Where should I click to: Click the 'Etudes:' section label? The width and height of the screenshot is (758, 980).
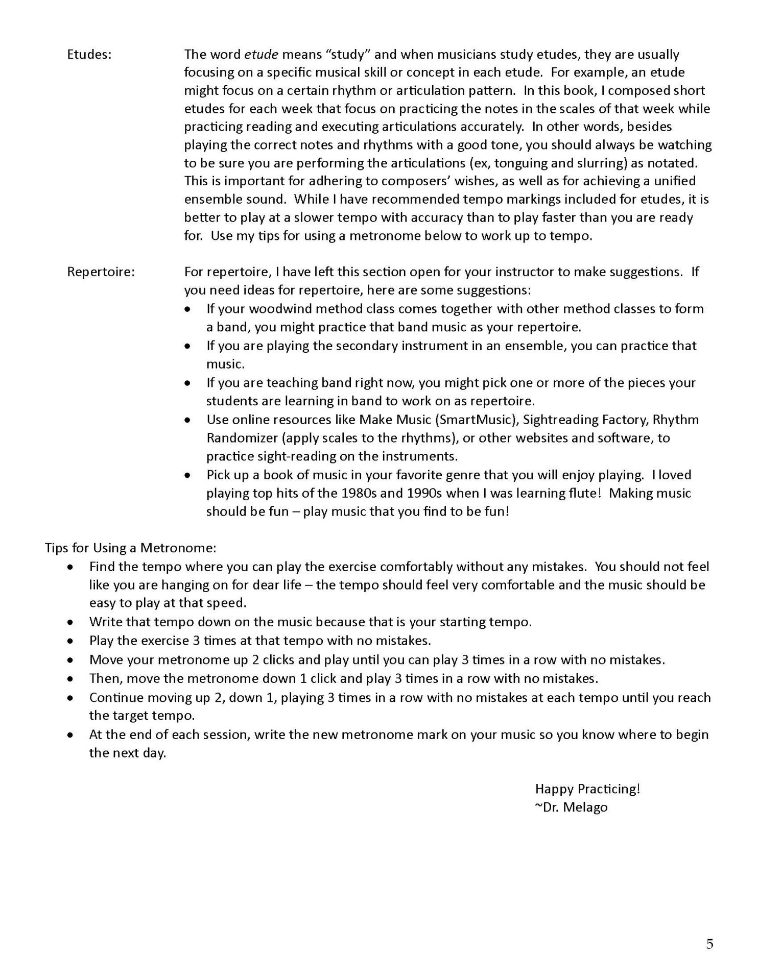(89, 55)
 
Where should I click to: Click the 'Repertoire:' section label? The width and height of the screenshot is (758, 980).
(101, 272)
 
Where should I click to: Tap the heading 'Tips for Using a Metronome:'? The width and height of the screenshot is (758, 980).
(131, 548)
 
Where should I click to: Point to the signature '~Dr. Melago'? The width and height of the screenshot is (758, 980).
(571, 807)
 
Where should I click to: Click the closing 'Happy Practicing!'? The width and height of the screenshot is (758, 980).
(587, 789)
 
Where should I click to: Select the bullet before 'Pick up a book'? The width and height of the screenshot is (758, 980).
(189, 476)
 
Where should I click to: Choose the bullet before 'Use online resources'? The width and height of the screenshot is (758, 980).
(189, 420)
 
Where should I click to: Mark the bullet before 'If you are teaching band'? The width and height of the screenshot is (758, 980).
(189, 383)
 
